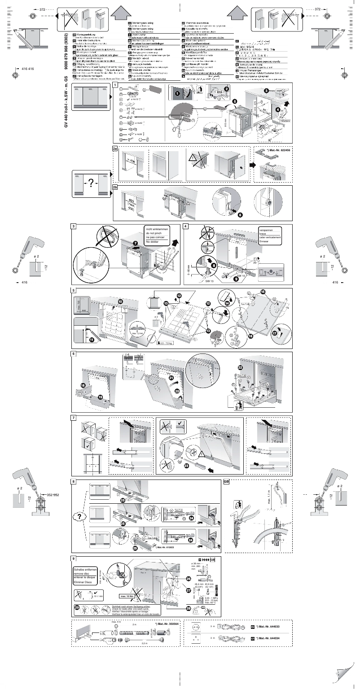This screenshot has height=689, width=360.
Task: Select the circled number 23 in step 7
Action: click(x=186, y=465)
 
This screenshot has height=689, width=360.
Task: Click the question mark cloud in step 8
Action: click(x=79, y=517)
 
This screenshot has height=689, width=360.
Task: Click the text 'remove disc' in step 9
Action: click(x=82, y=574)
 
